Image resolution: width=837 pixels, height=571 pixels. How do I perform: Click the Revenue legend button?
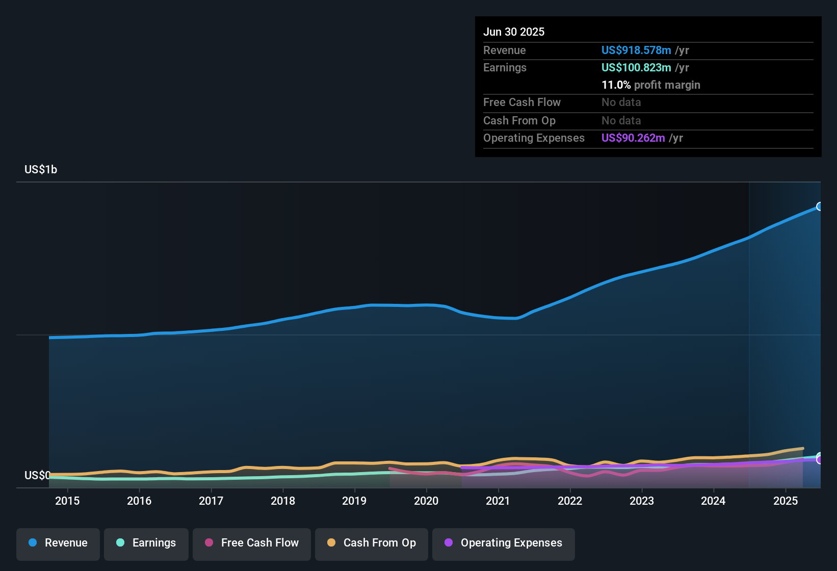point(58,543)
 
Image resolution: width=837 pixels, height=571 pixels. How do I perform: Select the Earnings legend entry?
point(146,543)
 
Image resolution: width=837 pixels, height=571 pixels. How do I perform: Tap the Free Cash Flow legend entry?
point(252,543)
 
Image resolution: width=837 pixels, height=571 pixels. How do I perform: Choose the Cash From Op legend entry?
point(372,543)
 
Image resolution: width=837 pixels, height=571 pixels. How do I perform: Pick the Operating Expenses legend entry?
point(504,543)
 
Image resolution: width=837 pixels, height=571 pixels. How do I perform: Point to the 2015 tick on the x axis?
point(67,501)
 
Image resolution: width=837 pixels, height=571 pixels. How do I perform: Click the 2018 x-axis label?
point(283,501)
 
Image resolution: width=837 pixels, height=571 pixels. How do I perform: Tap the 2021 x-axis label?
point(498,501)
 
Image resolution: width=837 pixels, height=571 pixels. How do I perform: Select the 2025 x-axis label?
point(786,501)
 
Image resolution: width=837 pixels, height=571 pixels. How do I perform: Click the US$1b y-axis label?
point(41,169)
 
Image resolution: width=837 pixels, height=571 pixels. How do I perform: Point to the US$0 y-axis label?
point(37,475)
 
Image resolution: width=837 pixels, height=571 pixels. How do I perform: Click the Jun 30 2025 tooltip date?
point(514,32)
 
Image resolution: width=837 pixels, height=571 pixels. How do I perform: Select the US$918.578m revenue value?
point(636,50)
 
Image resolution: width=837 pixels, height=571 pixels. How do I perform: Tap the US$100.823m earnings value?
point(636,67)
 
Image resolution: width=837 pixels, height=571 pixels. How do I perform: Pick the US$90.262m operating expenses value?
point(633,138)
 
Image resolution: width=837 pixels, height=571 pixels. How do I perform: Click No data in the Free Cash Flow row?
point(621,102)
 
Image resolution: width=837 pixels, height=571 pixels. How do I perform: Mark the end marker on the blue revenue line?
point(820,206)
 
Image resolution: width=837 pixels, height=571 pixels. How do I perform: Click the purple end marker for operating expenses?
point(820,460)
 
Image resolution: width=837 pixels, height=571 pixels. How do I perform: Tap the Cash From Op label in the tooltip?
point(519,120)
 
